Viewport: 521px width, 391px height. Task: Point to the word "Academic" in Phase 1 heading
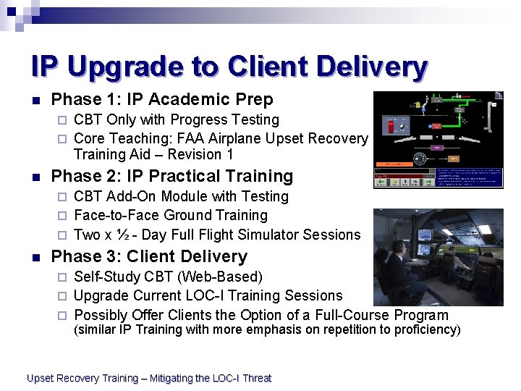point(175,99)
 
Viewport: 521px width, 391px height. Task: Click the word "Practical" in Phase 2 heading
point(184,176)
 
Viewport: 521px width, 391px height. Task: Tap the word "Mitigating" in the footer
point(174,378)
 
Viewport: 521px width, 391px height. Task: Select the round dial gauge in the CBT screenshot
point(419,159)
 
